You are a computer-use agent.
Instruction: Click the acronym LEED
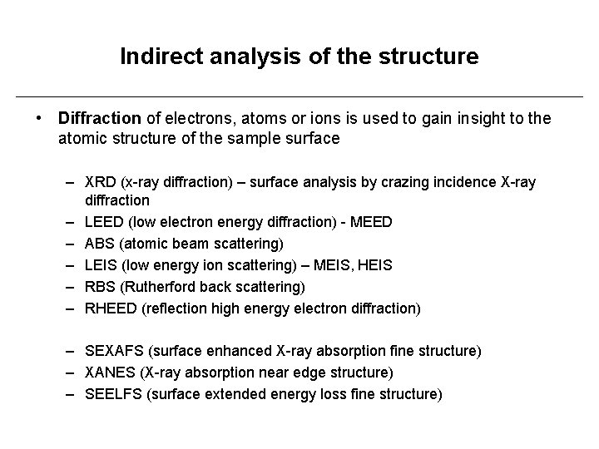tap(103, 222)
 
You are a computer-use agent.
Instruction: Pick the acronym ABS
tap(100, 244)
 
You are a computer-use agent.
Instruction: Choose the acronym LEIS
tap(101, 265)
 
